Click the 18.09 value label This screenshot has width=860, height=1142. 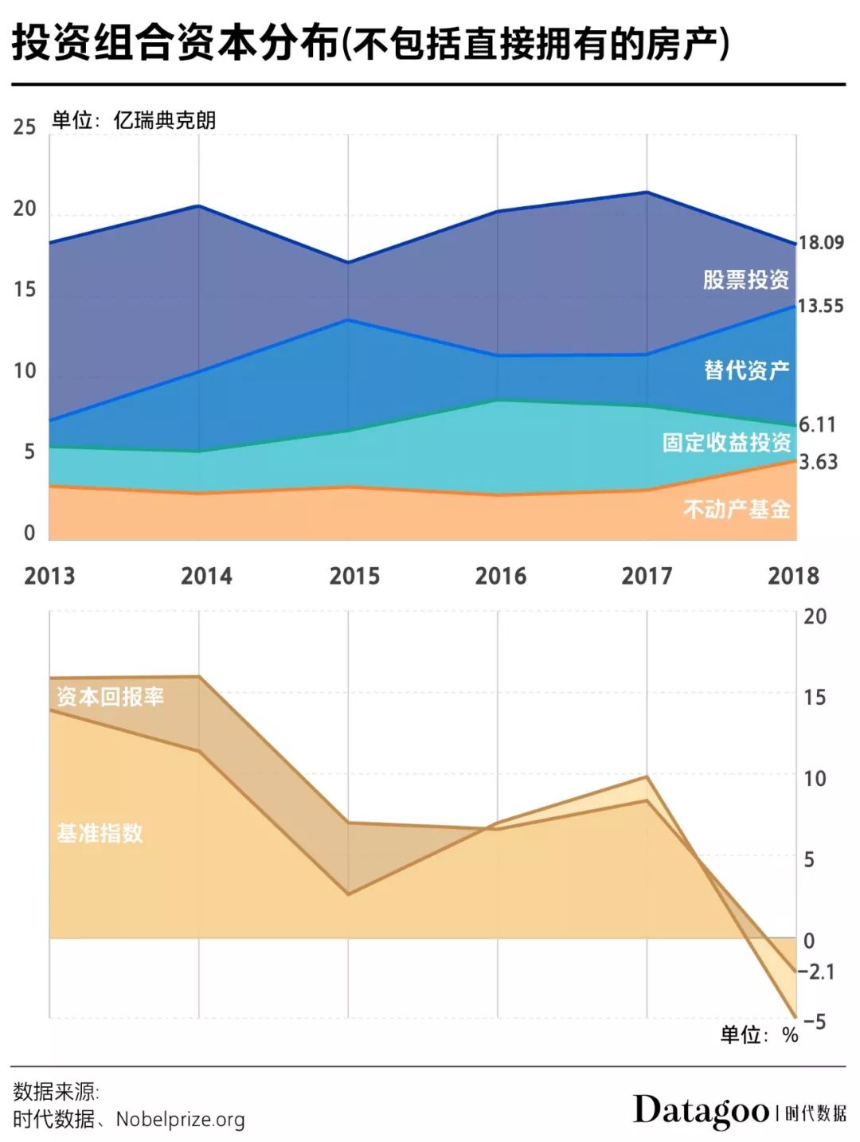821,242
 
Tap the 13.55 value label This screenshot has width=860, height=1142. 820,306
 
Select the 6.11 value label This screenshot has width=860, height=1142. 817,424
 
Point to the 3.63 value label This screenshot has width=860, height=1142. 818,462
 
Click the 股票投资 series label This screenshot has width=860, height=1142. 745,280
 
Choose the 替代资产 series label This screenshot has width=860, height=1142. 746,370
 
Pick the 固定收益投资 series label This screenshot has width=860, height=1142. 726,442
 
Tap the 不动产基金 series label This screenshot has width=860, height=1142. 737,508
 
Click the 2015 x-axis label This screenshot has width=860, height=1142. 354,576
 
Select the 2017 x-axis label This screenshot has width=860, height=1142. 647,576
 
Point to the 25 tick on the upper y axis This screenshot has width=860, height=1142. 25,127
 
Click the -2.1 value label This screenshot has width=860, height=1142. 816,972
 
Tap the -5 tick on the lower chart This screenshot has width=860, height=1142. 814,1021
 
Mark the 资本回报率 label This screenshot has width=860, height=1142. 110,697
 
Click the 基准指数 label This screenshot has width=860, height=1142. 100,833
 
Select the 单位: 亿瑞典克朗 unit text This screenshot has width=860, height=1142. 134,120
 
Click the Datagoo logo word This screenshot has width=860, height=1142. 701,1110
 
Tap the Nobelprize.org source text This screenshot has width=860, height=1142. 180,1119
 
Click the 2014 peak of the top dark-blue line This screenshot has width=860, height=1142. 198,206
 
